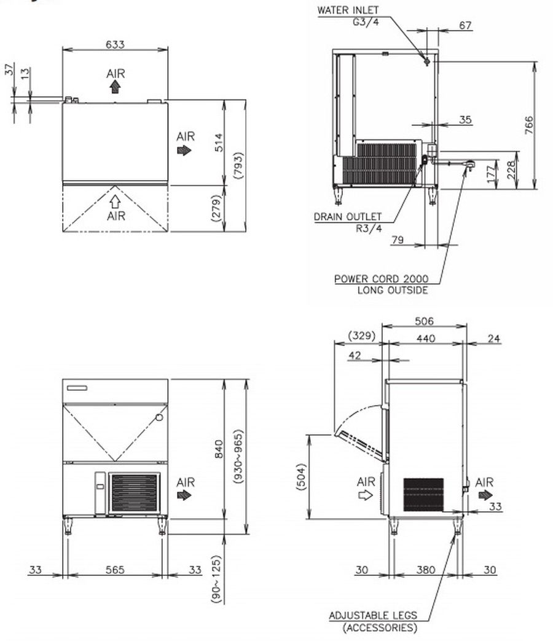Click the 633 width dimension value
pyautogui.click(x=115, y=44)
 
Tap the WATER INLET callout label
pyautogui.click(x=348, y=10)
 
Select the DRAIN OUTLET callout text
pyautogui.click(x=348, y=217)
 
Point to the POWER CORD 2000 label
pyautogui.click(x=382, y=279)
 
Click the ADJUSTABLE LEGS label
pyautogui.click(x=373, y=615)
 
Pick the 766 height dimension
pyautogui.click(x=529, y=125)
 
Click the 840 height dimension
pyautogui.click(x=219, y=449)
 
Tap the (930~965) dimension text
pyautogui.click(x=238, y=456)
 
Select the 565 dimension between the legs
pyautogui.click(x=115, y=570)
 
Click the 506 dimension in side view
pyautogui.click(x=424, y=321)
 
